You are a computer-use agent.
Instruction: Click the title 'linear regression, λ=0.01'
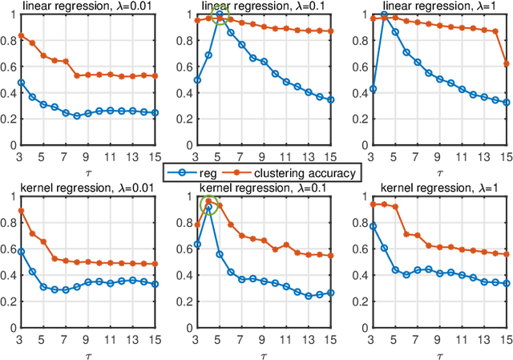pos(89,7)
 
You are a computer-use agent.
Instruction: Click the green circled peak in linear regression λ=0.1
pos(219,14)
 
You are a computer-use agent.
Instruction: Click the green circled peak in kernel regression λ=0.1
pos(208,205)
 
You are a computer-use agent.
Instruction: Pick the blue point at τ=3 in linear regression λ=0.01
pos(22,82)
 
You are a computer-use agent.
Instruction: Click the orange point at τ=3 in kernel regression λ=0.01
pos(22,211)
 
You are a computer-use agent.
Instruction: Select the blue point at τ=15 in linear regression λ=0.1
pos(331,99)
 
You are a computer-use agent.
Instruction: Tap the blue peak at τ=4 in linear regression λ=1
pos(384,14)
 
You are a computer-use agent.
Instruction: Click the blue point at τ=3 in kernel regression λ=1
pos(373,227)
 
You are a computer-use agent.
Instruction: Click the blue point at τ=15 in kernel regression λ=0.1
pos(331,293)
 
